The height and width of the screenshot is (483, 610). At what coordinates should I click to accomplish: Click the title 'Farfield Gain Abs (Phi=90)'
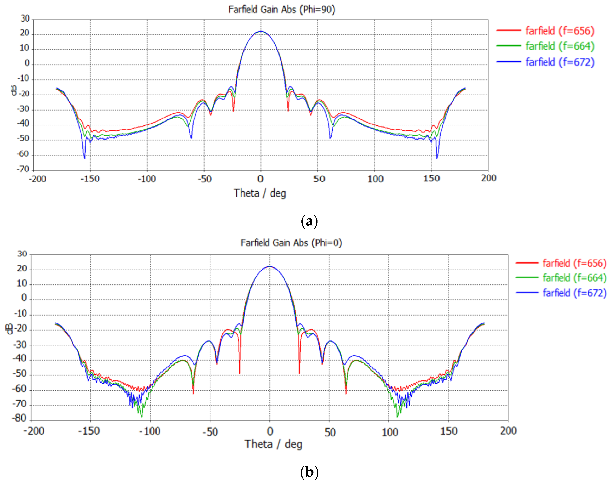coord(282,10)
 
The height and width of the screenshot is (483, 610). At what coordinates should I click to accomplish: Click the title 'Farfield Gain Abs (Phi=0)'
coord(291,243)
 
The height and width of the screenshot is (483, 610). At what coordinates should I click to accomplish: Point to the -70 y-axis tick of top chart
coord(23,169)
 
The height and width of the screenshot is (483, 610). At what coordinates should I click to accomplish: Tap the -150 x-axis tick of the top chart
coord(90,179)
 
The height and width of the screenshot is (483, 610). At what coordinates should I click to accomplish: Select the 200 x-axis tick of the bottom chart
coord(508,431)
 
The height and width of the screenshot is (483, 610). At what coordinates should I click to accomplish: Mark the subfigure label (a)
coord(309,221)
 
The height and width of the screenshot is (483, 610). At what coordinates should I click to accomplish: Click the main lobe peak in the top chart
coord(261,31)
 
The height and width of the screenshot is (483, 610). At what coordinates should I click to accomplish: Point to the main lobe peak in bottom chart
coord(270,266)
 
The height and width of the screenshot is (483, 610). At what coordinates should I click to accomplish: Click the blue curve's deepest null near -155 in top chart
coord(84,158)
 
